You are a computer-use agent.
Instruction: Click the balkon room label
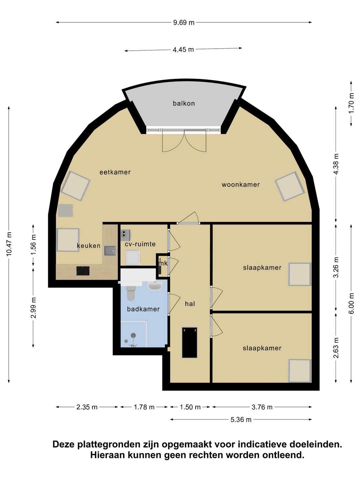click(184, 103)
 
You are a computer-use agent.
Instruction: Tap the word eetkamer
click(115, 172)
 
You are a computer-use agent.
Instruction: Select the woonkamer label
click(241, 184)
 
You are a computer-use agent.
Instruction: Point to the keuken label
click(89, 246)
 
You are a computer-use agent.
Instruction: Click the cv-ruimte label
click(140, 244)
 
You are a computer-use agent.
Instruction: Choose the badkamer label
click(143, 309)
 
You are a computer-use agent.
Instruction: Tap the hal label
click(190, 304)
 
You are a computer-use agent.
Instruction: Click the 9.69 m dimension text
click(184, 23)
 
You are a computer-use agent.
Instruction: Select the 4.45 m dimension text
click(183, 50)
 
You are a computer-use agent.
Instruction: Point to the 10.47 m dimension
click(9, 244)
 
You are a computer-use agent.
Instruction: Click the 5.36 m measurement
click(241, 420)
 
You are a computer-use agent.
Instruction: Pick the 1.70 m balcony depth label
click(351, 103)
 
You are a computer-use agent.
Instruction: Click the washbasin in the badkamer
click(155, 285)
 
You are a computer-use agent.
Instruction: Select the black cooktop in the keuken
click(83, 271)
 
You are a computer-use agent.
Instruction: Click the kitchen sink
click(110, 251)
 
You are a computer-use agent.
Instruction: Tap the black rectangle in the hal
click(190, 342)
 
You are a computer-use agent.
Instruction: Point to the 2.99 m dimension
click(33, 308)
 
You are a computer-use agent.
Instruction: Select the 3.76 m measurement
click(262, 407)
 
